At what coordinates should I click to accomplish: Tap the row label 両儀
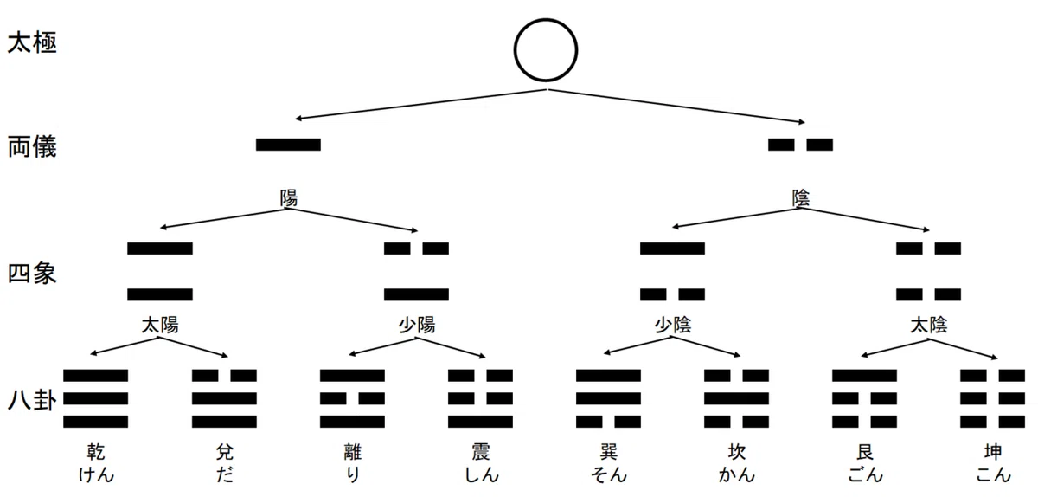(32, 147)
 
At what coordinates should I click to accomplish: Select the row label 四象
(32, 273)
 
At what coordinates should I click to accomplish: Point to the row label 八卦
(32, 399)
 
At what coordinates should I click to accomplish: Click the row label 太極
(32, 42)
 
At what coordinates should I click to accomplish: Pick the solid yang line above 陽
(288, 145)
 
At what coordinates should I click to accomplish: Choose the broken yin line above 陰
(800, 145)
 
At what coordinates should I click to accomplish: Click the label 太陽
(160, 326)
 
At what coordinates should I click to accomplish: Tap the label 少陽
(417, 326)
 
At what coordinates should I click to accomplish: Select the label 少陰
(672, 326)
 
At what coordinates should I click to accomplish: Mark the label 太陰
(929, 326)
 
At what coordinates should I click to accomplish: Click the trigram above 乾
(95, 398)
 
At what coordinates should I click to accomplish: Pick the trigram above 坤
(993, 398)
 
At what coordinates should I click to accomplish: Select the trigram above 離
(352, 398)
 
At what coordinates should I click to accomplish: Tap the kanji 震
(481, 451)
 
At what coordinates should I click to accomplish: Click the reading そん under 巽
(608, 474)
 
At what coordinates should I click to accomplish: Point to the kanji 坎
(736, 451)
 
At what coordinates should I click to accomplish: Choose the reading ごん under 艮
(865, 474)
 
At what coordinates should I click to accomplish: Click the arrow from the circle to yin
(676, 106)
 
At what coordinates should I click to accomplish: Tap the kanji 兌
(224, 451)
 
